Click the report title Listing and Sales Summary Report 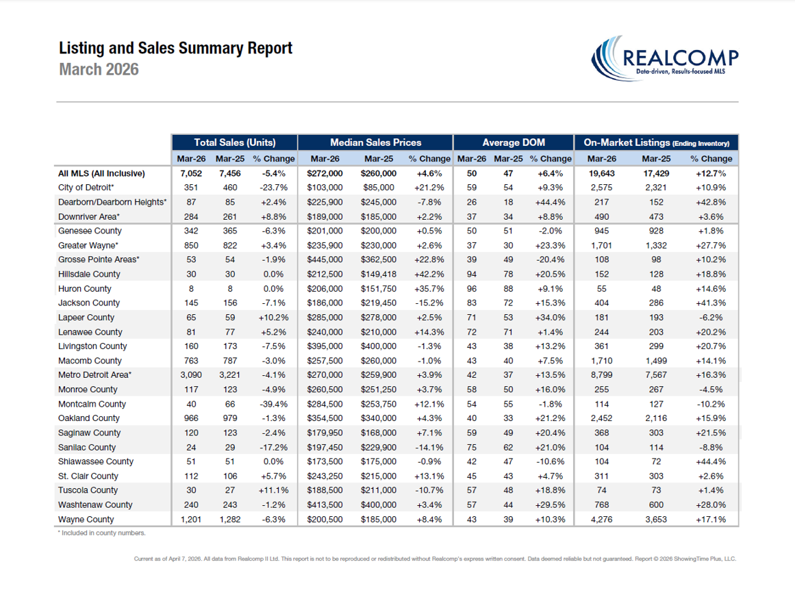176,48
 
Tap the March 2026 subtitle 99,69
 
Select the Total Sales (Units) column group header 235,142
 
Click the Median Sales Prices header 376,142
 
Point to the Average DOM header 514,142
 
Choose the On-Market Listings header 656,143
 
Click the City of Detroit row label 86,188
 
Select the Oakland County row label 89,418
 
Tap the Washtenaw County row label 96,505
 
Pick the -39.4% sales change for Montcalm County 273,404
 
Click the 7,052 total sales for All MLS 190,173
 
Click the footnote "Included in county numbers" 102,533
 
